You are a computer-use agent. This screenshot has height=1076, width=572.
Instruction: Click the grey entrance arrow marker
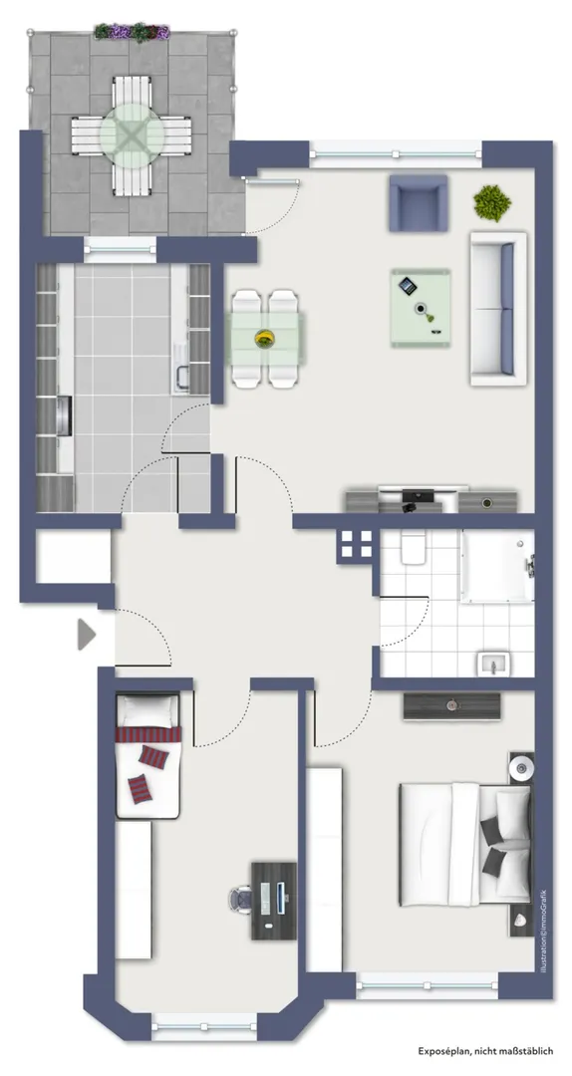coord(85,634)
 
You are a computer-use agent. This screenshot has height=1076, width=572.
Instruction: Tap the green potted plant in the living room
coord(491,202)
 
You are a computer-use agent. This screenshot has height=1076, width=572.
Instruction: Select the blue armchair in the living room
coord(419,203)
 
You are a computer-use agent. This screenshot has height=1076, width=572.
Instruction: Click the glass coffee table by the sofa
coord(421,308)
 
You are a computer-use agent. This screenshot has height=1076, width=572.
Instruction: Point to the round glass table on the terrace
coord(132,134)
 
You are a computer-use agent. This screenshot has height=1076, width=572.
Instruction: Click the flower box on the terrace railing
coord(132,32)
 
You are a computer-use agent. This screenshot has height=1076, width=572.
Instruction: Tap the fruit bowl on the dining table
coord(264,338)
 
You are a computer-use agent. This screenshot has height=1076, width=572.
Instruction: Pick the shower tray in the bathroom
coord(498,566)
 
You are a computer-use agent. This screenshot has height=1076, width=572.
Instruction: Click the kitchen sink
coord(183,379)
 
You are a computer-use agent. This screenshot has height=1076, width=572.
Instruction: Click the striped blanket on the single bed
coord(148,734)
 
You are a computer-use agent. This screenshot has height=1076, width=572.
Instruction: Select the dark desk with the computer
coord(274,901)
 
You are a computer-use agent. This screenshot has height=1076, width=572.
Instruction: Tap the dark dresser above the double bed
coord(451,705)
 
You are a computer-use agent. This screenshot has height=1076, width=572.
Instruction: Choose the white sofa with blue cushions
coord(498,309)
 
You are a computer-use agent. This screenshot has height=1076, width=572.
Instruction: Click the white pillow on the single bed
coord(148,708)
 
